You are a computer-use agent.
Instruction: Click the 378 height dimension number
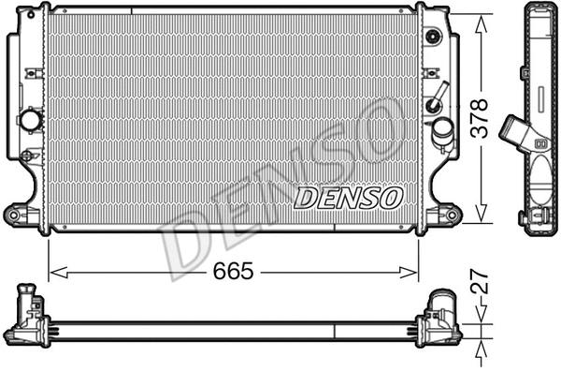(480, 120)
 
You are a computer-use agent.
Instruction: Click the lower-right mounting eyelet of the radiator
(453, 215)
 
